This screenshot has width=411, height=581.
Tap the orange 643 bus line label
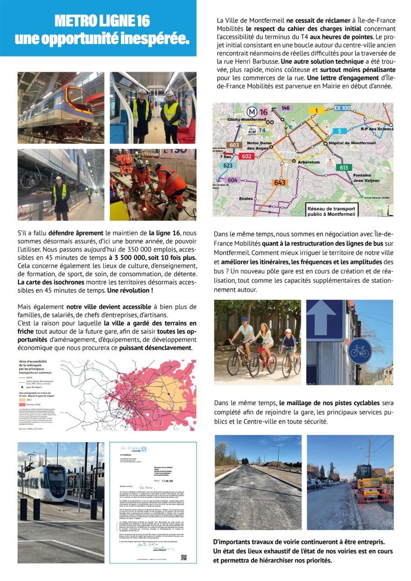point(280,183)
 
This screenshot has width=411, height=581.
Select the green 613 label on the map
point(344,167)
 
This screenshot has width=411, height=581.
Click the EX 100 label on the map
point(342,108)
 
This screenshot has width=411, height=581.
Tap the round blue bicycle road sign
point(360,351)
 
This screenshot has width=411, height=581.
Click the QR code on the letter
point(184,557)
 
